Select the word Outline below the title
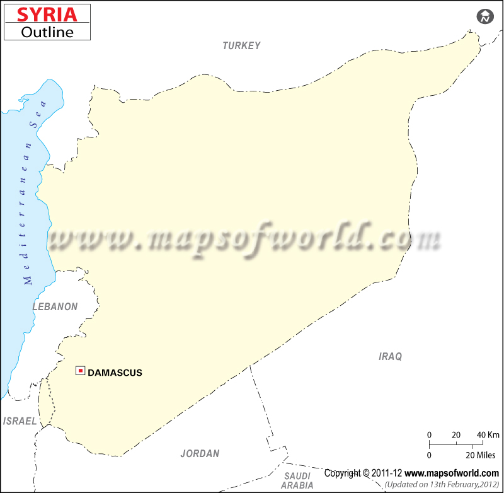tap(47, 31)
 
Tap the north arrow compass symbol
tap(484, 17)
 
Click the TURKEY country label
tap(241, 45)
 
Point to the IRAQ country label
tap(390, 357)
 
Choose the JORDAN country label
tap(200, 453)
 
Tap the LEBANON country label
tap(55, 307)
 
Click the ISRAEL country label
tap(20, 421)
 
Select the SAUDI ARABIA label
tap(297, 480)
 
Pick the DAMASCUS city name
tap(115, 373)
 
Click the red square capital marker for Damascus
tap(81, 371)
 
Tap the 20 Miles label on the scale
tap(482, 455)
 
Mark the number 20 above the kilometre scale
tap(456, 435)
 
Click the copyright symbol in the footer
tap(366, 473)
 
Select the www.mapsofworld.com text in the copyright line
tap(451, 473)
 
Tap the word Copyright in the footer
tap(343, 473)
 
